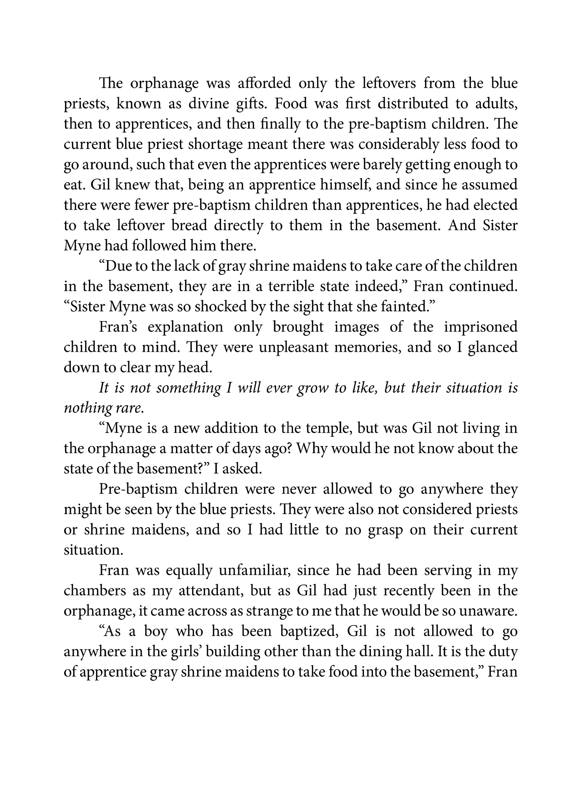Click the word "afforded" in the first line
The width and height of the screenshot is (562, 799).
[x=264, y=83]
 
